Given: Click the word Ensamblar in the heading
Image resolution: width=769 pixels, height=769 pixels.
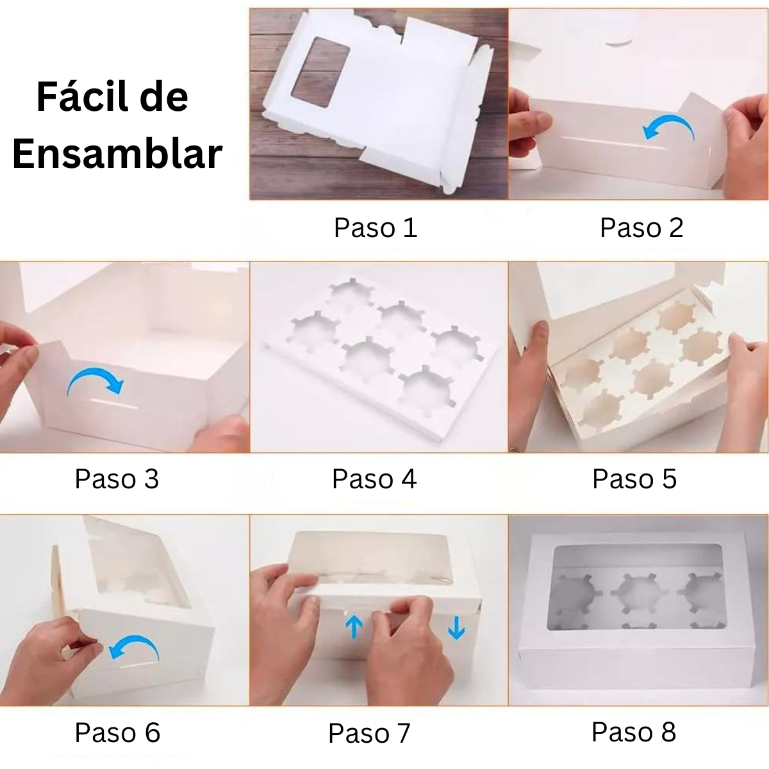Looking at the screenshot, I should pyautogui.click(x=117, y=154).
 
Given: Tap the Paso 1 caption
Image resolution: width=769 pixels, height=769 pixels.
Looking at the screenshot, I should pyautogui.click(x=376, y=227).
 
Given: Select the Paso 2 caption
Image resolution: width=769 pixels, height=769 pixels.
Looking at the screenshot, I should pyautogui.click(x=641, y=227).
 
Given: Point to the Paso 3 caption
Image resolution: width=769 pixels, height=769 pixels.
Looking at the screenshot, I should pyautogui.click(x=117, y=479).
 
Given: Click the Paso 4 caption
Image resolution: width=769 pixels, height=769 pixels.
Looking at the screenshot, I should pyautogui.click(x=374, y=479).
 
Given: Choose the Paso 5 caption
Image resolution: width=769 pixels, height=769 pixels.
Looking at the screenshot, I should pyautogui.click(x=634, y=479).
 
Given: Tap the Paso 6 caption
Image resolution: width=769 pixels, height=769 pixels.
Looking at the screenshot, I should pyautogui.click(x=117, y=732).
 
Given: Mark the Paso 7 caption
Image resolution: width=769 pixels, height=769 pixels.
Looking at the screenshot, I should pyautogui.click(x=369, y=733).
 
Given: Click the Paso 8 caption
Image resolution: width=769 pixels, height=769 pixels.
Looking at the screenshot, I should pyautogui.click(x=634, y=732).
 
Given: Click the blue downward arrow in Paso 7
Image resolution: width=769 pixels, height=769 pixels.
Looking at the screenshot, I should pyautogui.click(x=456, y=628).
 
